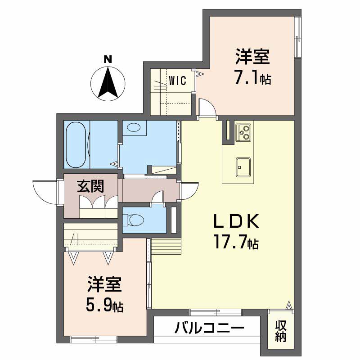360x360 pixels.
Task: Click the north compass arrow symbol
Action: coord(108,84)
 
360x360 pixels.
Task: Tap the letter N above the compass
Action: coord(108,59)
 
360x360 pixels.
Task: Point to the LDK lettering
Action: coord(236,222)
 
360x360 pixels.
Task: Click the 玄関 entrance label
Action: coord(90,187)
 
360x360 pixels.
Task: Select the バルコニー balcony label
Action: coord(207,328)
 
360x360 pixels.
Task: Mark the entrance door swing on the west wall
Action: coord(46,191)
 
